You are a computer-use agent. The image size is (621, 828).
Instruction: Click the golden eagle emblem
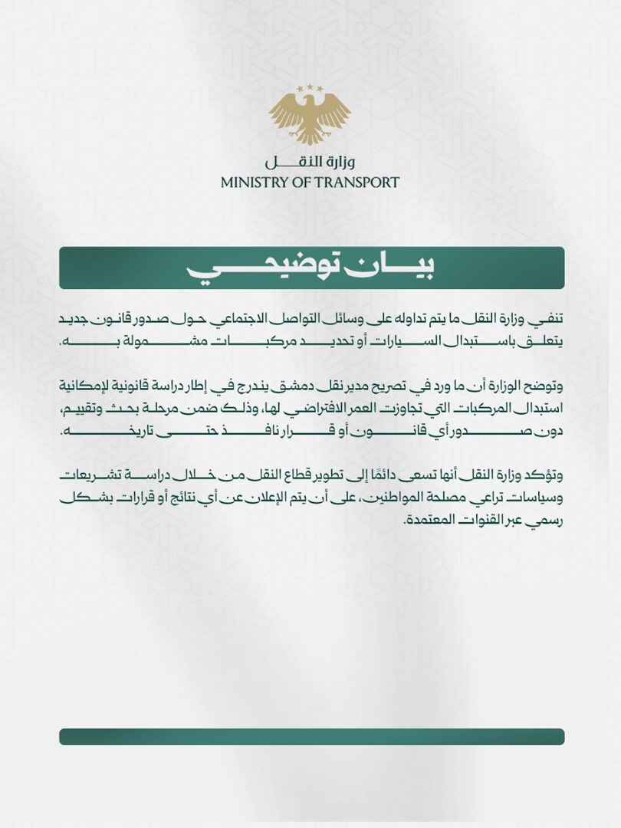(x=310, y=116)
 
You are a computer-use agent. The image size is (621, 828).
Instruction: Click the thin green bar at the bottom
(x=312, y=737)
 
